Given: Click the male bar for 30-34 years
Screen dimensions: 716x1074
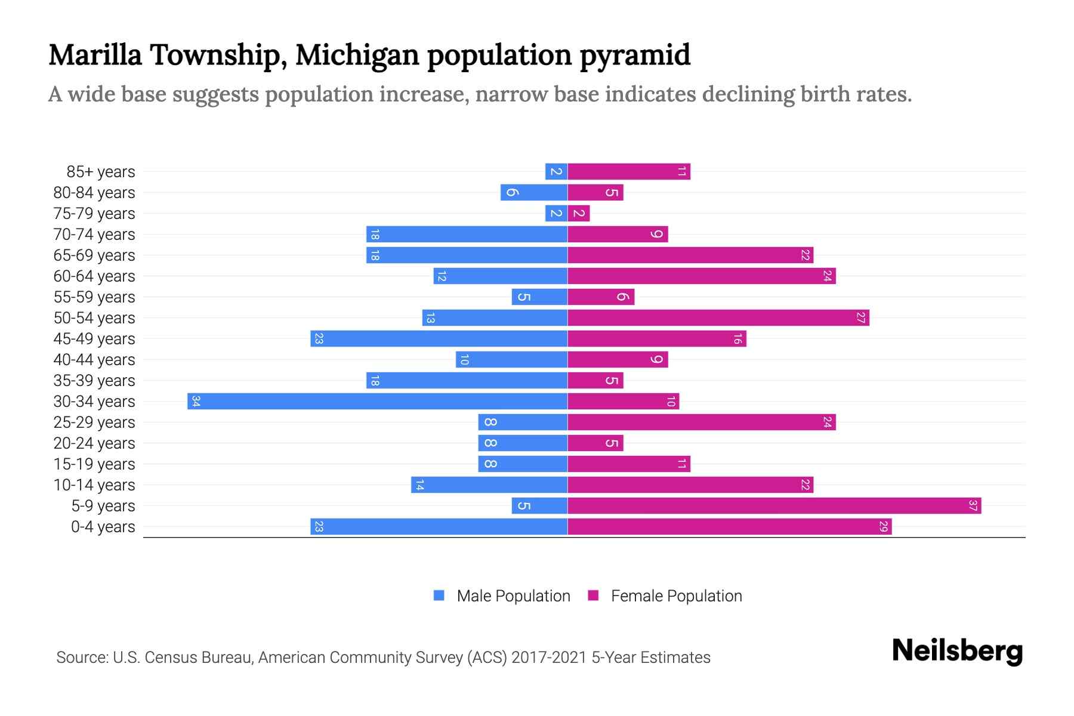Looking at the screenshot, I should [377, 401].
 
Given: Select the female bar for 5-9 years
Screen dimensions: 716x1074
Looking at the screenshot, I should [774, 505].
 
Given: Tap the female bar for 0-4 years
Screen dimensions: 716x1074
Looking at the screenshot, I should [729, 526].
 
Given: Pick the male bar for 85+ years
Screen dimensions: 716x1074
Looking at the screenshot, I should [556, 171].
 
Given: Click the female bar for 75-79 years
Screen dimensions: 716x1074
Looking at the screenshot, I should [579, 213].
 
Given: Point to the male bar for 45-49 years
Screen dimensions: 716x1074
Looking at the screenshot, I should [439, 338].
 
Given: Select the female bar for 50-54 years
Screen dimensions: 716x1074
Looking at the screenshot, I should [718, 317].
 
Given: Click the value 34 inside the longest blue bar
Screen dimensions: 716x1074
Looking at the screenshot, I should [196, 401].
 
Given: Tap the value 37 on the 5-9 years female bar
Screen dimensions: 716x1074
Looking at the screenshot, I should [973, 505].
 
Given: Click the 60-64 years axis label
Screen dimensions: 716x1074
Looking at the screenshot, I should [94, 276].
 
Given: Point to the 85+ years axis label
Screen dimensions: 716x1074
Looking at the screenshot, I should [101, 172].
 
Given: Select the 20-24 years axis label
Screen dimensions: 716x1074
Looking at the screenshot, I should [94, 443].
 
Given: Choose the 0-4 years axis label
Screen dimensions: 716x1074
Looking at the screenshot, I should [103, 527].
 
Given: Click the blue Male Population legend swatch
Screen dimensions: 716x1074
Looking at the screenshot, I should [439, 595].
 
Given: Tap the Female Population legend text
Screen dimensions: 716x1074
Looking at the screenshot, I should [676, 595].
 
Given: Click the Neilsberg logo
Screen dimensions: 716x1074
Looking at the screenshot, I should [957, 651].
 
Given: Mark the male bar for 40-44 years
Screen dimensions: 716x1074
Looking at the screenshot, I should [511, 359].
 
